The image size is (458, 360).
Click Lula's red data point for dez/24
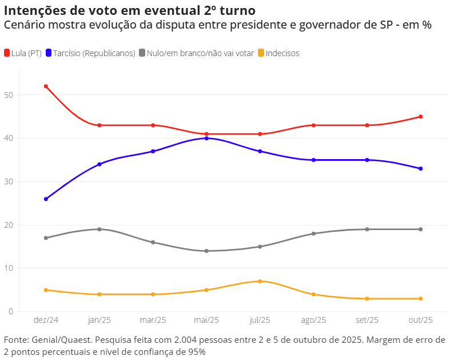point(46,86)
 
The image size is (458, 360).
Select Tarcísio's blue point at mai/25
point(206,138)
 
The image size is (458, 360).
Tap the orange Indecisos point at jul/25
point(260,281)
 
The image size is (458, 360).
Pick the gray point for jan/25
point(99,229)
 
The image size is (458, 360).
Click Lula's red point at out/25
point(421,117)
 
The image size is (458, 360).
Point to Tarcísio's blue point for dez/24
point(46,199)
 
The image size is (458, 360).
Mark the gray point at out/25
point(421,229)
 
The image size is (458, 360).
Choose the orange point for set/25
point(367,298)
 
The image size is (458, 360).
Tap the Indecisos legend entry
point(282,53)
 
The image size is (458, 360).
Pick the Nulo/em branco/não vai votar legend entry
point(200,53)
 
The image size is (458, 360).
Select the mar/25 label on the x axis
point(153,320)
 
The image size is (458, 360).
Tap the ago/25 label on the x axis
point(313,320)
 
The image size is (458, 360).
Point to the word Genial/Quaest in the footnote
point(60,340)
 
